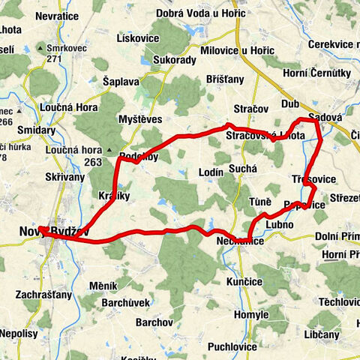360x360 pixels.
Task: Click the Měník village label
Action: click(103, 286)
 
